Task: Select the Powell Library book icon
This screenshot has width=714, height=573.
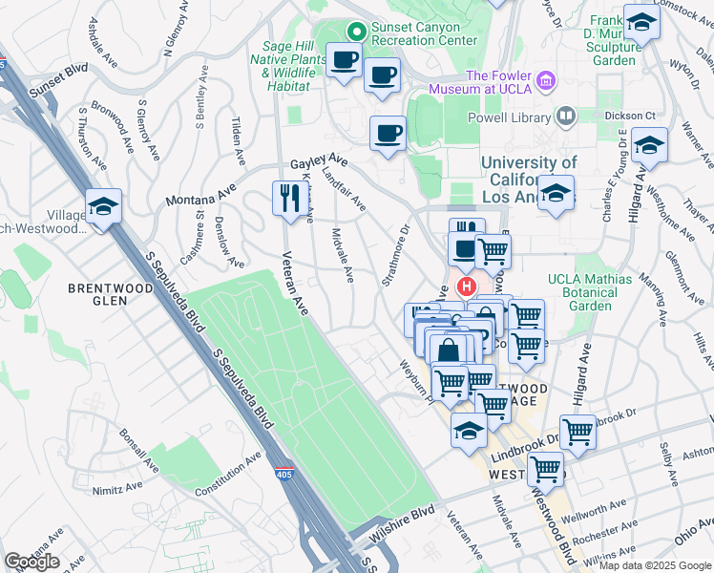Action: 566,117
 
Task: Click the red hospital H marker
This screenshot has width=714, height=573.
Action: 467,286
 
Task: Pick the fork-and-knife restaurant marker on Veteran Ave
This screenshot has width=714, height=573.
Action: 287,199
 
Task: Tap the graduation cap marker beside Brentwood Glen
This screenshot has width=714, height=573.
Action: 103,205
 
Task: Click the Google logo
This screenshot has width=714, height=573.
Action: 31,562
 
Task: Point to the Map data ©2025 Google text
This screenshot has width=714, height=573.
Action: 654,565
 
